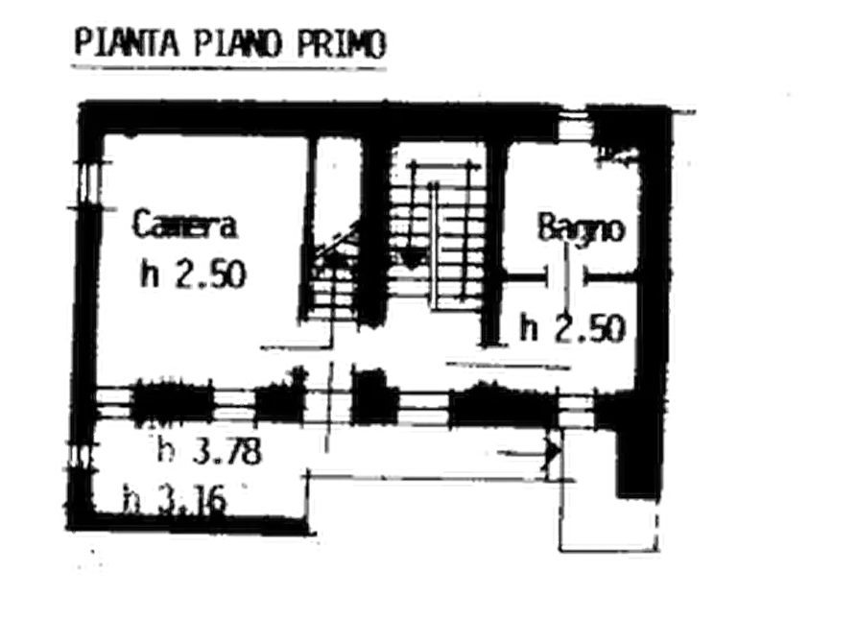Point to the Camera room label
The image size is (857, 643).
pyautogui.click(x=185, y=227)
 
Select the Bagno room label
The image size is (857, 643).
pyautogui.click(x=582, y=229)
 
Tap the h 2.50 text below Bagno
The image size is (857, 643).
pyautogui.click(x=573, y=326)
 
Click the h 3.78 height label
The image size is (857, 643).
pyautogui.click(x=207, y=449)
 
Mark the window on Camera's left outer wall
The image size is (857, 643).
pyautogui.click(x=88, y=179)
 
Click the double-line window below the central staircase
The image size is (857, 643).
pyautogui.click(x=423, y=410)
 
